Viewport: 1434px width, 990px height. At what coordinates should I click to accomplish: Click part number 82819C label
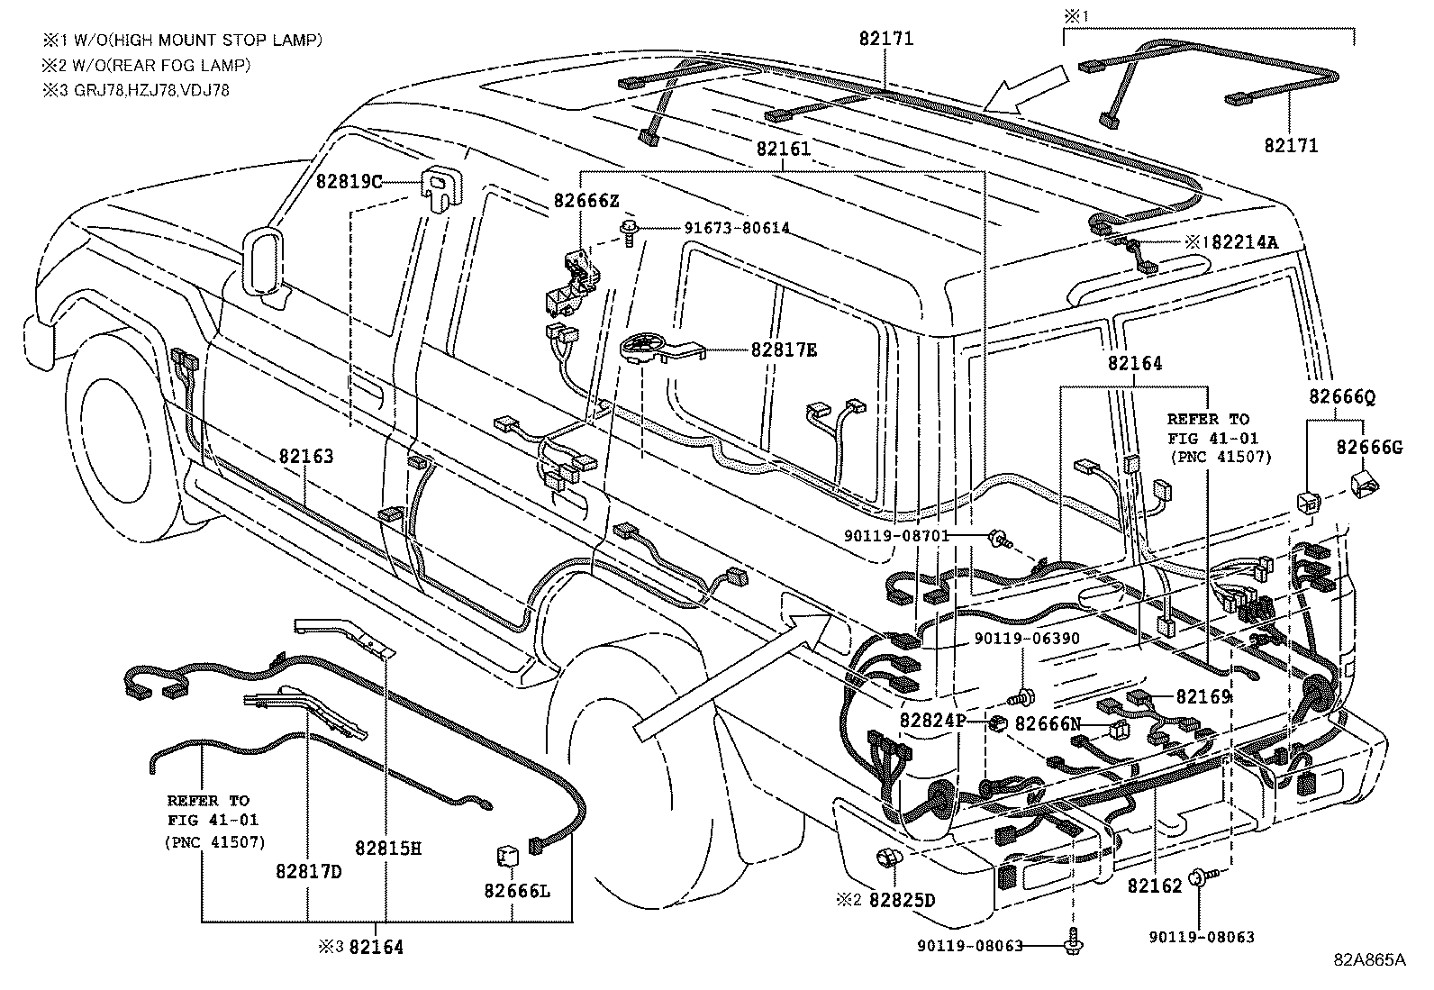coord(349,181)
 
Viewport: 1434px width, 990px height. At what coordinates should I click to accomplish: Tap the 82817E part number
coord(784,350)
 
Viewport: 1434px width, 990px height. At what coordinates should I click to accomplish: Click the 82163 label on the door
coord(305,457)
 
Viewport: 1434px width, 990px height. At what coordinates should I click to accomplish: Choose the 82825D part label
coord(902,900)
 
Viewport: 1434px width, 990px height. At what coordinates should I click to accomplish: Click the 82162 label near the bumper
coord(1154,886)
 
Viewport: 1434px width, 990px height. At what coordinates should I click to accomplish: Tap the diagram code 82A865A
coord(1369,959)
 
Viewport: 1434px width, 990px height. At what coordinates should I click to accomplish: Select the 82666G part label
coord(1369,447)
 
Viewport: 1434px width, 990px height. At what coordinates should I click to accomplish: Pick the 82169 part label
coord(1204,696)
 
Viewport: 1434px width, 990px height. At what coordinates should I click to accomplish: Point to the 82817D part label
coord(309,871)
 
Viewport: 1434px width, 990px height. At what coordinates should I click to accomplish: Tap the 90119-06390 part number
coord(1027,639)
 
